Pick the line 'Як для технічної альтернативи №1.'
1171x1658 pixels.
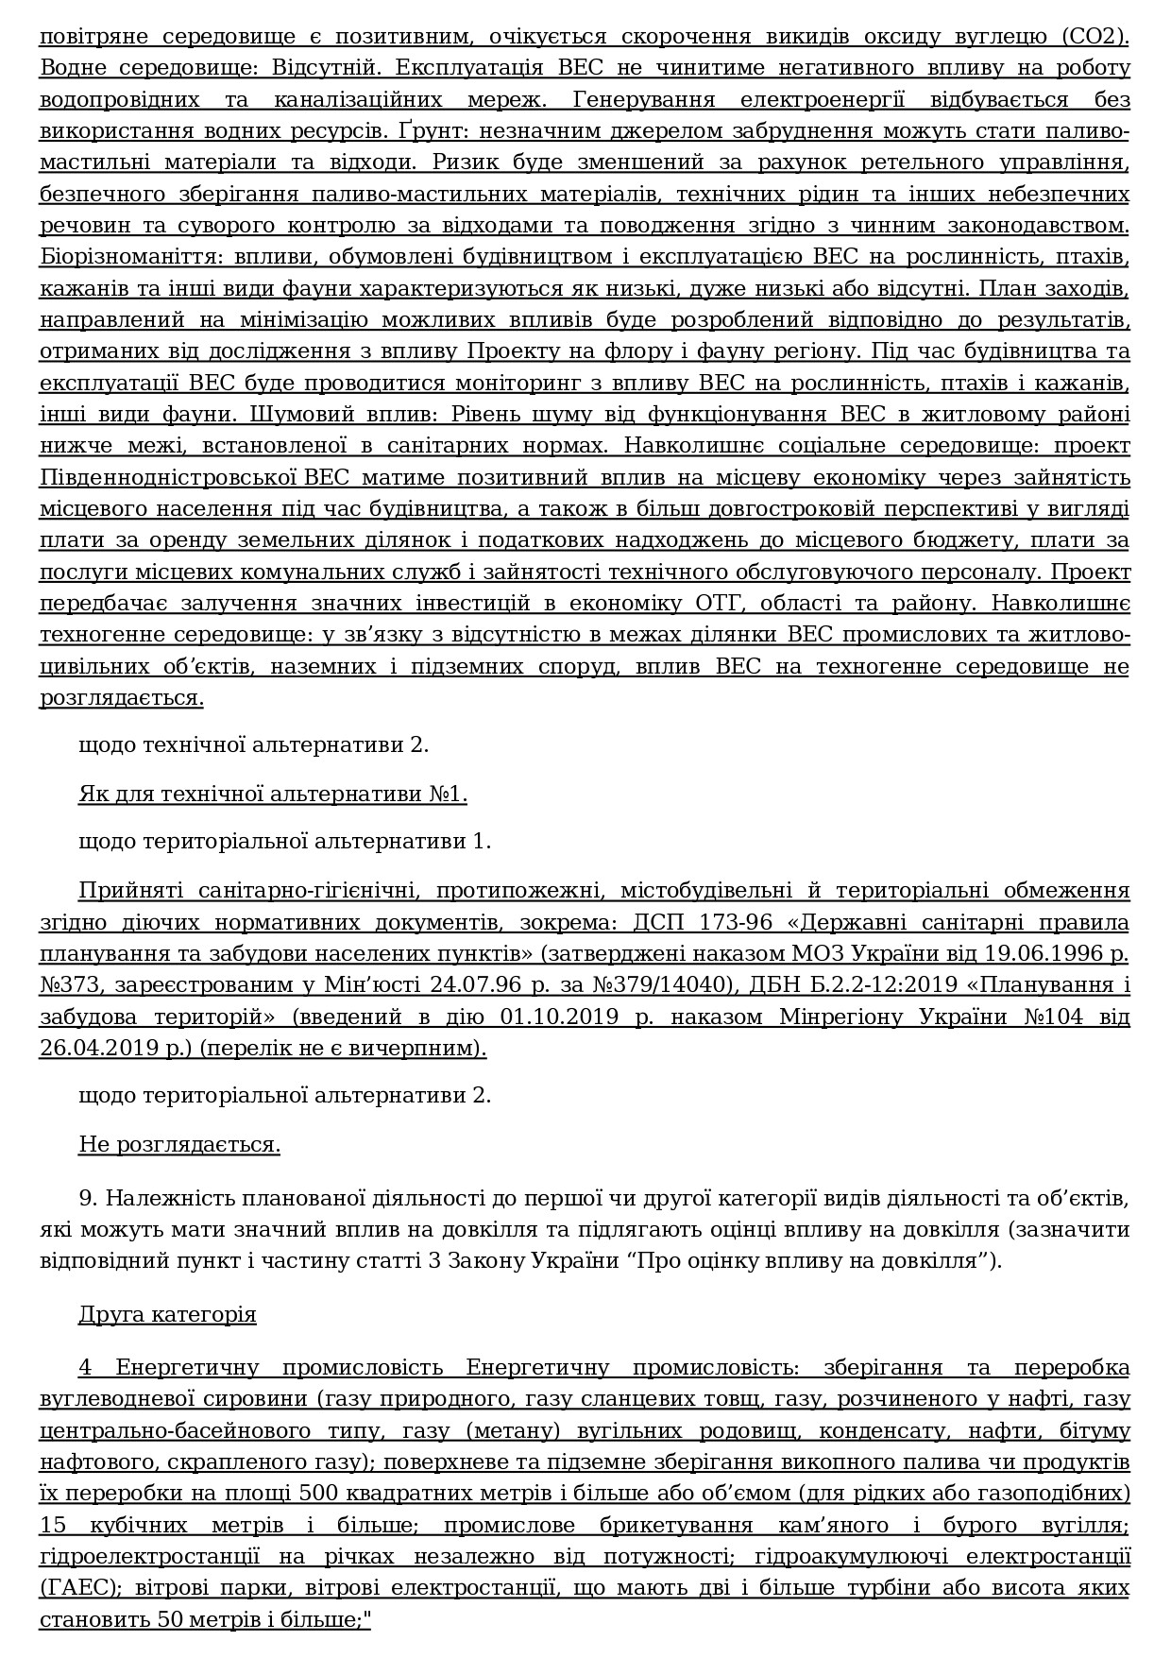tap(272, 794)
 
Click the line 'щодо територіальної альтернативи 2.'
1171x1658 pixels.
tap(284, 1095)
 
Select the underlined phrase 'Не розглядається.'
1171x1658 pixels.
tap(178, 1145)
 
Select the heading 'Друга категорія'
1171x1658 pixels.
tap(166, 1314)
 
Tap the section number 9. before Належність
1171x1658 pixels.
tap(89, 1199)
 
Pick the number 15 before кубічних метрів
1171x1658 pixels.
tap(56, 1525)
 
